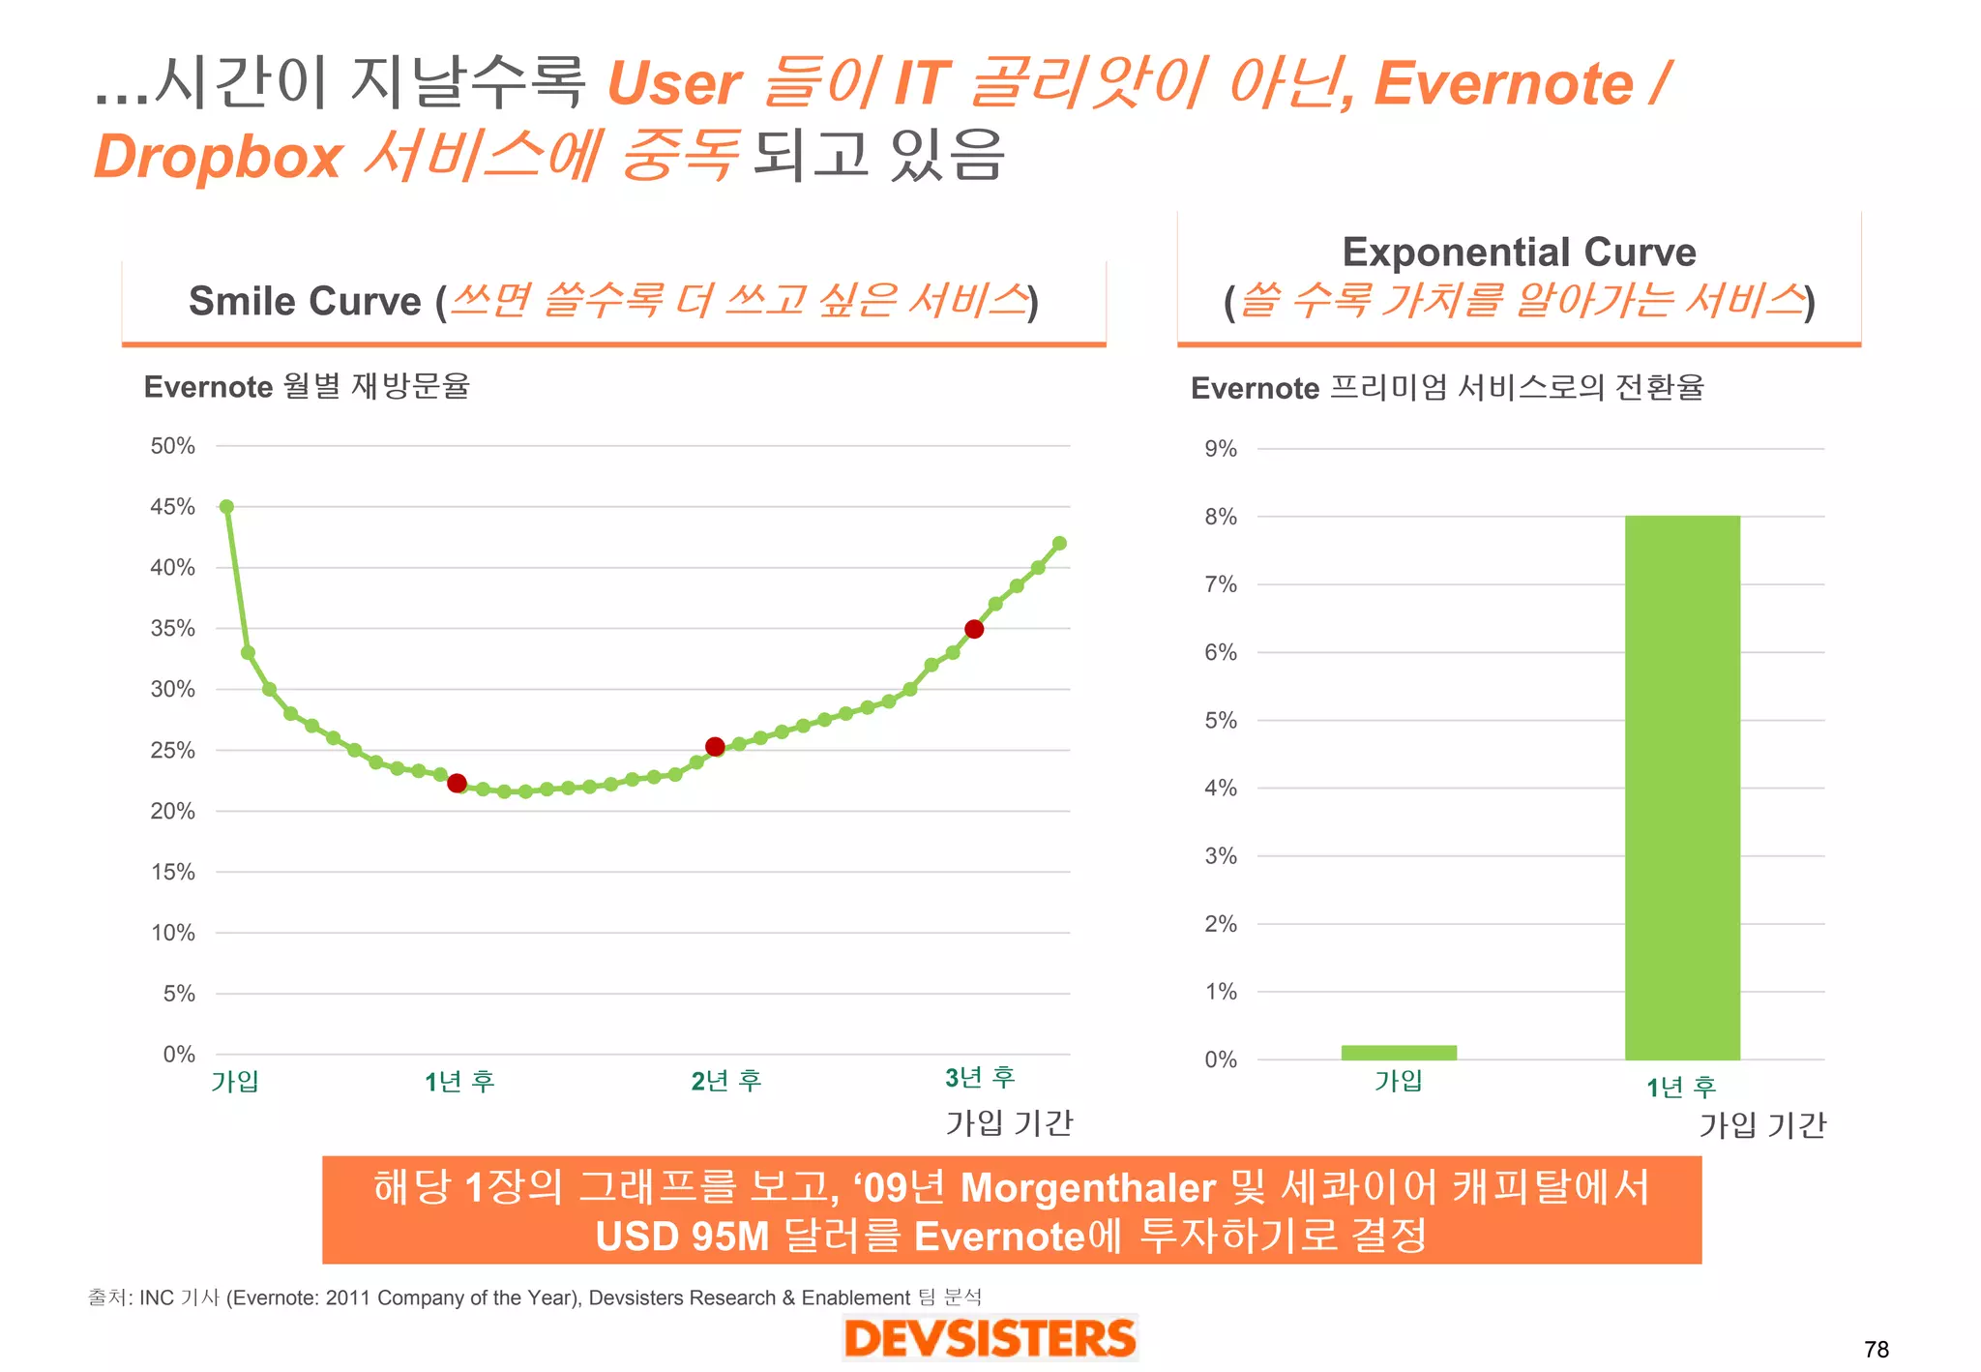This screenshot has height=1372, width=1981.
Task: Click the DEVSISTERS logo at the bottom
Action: [x=990, y=1339]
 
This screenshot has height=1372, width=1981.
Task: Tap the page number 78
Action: [x=1876, y=1349]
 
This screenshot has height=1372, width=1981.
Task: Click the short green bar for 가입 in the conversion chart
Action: [x=1399, y=1053]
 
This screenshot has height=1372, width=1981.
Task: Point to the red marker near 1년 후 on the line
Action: [x=458, y=783]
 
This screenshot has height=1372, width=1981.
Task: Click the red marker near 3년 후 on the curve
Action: [x=974, y=629]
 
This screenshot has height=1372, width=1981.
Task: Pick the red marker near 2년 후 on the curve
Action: [x=715, y=746]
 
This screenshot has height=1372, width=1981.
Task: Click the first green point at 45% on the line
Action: [x=226, y=507]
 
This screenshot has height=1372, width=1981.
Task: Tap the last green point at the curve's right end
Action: [x=1059, y=544]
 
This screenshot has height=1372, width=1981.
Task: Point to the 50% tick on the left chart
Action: [x=172, y=446]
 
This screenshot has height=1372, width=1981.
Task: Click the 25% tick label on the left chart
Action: [x=172, y=750]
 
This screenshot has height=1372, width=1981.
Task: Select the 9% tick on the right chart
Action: [x=1221, y=449]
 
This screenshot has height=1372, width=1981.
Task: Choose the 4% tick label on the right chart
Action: [x=1221, y=788]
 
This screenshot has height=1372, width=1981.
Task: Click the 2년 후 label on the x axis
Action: [x=726, y=1081]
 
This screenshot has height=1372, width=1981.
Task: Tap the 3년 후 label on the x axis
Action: [x=980, y=1078]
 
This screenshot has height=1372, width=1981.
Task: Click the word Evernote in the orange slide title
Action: [x=1504, y=84]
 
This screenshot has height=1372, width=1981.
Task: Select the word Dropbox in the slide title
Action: [x=219, y=157]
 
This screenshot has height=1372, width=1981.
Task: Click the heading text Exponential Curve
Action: [x=1519, y=253]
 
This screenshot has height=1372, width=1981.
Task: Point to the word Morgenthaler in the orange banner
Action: [x=1087, y=1188]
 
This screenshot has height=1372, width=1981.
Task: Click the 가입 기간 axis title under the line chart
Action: [x=1009, y=1123]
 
